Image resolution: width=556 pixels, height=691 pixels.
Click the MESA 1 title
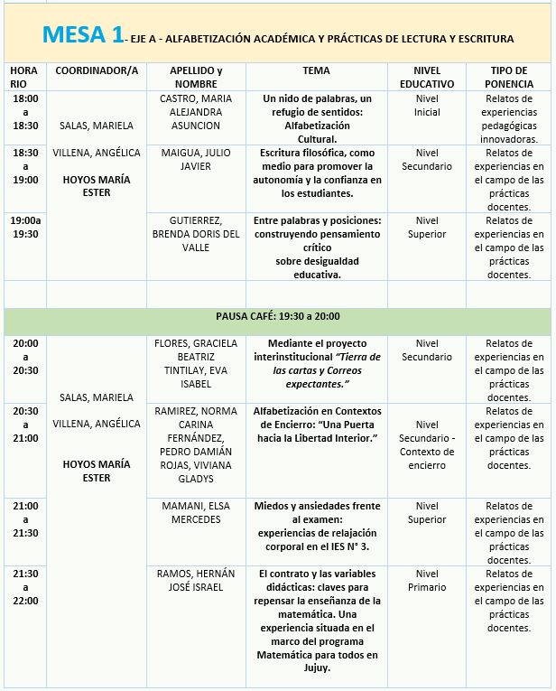pos(82,36)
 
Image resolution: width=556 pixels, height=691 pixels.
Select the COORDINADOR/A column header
pos(97,70)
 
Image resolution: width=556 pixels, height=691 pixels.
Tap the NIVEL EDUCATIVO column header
pos(427,77)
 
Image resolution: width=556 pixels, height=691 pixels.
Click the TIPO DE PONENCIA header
pos(509,77)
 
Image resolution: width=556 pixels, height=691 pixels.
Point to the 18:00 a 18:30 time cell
pos(25,113)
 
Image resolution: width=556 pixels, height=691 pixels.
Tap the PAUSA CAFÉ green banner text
pos(277,317)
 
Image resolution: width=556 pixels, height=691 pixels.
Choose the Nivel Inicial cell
pos(427,106)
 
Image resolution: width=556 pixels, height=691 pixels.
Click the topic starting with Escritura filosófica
pos(317,173)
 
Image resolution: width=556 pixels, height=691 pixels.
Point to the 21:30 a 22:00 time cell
pos(25,587)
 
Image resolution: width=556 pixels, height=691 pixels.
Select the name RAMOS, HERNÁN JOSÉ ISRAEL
pos(195,580)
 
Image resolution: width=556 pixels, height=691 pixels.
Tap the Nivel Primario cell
pos(427,580)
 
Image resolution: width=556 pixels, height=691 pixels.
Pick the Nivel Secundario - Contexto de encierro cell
pos(427,444)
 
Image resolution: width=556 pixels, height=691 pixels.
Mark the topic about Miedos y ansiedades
pos(317,526)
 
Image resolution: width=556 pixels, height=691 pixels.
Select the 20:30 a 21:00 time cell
pos(25,424)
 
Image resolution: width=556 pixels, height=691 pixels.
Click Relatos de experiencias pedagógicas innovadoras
pos(509,119)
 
